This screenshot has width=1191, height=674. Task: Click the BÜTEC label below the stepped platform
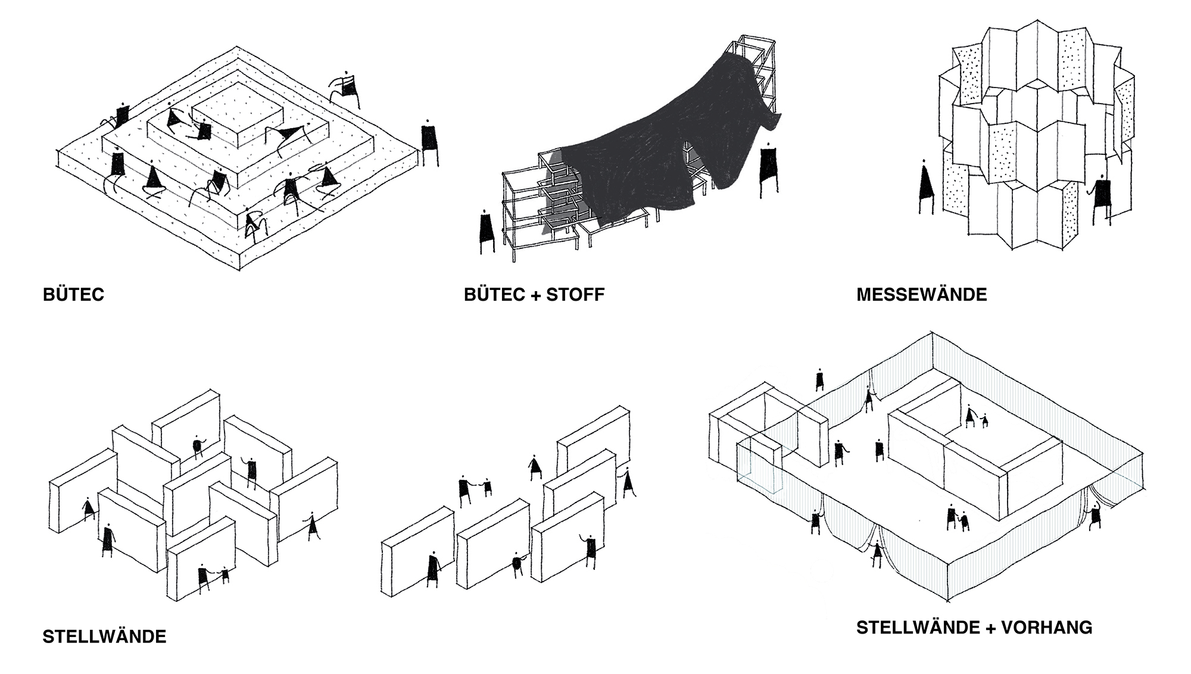[73, 295]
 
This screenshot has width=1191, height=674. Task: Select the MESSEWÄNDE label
[921, 295]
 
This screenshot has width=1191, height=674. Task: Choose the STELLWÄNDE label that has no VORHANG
[104, 636]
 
